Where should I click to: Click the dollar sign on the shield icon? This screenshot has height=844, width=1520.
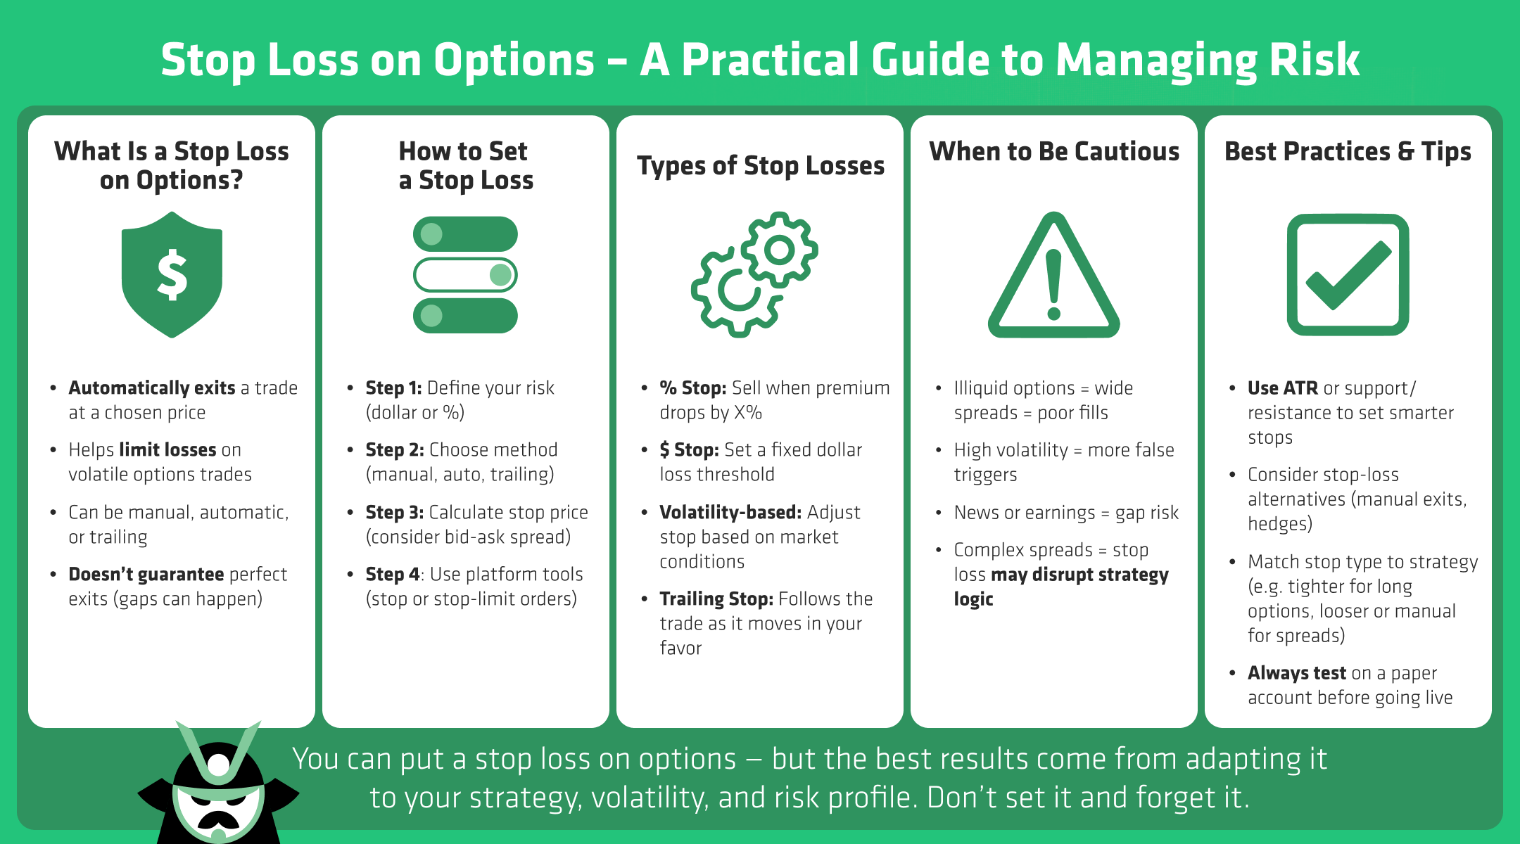point(172,275)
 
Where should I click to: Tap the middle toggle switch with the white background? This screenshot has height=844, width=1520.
point(465,275)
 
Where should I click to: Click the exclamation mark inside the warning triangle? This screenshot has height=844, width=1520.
point(1053,286)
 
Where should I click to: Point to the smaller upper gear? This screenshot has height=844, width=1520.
point(779,249)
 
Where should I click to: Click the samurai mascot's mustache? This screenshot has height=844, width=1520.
point(218,819)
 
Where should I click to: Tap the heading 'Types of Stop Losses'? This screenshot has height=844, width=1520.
point(761,166)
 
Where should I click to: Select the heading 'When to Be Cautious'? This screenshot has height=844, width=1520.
point(1054,151)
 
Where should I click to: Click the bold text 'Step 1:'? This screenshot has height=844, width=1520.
point(393,388)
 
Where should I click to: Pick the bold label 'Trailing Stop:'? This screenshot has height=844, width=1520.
point(716,599)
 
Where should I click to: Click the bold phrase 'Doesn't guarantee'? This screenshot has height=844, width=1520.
point(146,574)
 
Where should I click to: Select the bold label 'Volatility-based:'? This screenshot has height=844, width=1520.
point(730,512)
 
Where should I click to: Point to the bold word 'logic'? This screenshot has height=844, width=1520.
point(973,599)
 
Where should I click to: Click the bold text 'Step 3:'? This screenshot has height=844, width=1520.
point(394,512)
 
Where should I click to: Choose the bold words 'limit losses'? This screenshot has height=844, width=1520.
point(167,449)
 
